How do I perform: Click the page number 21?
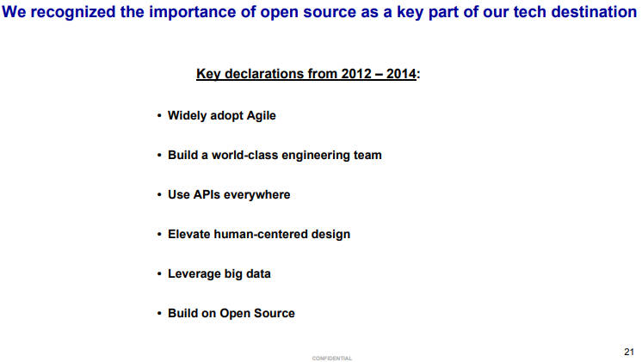pos(629,352)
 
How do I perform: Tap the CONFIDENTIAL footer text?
pos(332,359)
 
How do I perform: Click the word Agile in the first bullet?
pos(262,116)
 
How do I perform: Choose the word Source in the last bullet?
pos(275,313)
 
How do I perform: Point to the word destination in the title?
pos(594,12)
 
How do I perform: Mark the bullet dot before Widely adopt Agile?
pos(159,116)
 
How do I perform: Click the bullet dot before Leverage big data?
pos(159,274)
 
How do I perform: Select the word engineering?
pos(314,156)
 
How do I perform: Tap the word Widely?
pos(187,116)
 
